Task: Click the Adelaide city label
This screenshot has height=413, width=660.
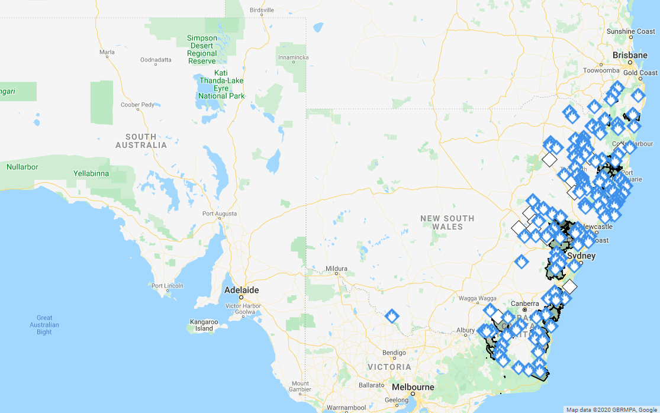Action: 242,291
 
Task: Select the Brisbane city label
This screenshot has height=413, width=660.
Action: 630,55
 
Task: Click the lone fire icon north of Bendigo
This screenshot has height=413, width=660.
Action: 391,316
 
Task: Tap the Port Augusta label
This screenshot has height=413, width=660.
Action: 220,214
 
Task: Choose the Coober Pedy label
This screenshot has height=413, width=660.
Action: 138,105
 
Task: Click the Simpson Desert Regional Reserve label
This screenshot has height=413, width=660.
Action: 202,50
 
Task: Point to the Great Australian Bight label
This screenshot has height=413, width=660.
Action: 44,325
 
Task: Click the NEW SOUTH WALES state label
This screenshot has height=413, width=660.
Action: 447,222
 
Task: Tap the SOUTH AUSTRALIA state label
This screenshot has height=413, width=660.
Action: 141,141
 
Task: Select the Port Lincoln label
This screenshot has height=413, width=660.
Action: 168,286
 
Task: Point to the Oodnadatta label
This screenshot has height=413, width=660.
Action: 156,60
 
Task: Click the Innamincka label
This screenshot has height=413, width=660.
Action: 294,58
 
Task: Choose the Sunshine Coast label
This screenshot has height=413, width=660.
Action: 630,31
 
